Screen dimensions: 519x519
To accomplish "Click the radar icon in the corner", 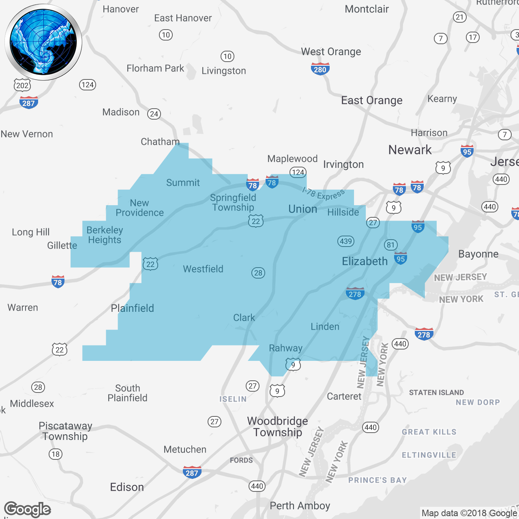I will tap(43, 42).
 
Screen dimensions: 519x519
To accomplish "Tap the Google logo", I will tap(28, 509).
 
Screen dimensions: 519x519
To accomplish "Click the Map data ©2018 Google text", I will tap(469, 513).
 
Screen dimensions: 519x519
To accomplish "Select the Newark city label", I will tap(410, 150).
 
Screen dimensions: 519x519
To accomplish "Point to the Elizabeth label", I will tap(365, 261).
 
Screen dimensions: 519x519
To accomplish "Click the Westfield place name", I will tap(203, 269).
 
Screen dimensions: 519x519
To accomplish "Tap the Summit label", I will tap(183, 182).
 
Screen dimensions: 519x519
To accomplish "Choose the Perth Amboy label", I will tap(300, 506).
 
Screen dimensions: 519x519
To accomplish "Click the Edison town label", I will tap(127, 487).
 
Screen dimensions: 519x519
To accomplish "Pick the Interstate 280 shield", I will tap(320, 69).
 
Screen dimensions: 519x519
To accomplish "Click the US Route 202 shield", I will tap(22, 85).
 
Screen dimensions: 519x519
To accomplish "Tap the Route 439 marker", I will tap(346, 241).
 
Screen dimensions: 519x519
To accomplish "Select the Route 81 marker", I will tap(390, 244).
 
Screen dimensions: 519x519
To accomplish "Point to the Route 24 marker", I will tap(154, 114).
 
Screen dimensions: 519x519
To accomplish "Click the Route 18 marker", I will tap(56, 454).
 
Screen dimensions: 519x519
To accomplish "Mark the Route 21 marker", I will tap(459, 17).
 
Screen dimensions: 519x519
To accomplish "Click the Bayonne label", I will tap(478, 254).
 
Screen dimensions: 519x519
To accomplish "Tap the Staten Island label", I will tap(436, 392).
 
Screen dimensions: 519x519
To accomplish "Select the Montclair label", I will tap(367, 9).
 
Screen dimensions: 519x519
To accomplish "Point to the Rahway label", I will tap(286, 348).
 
